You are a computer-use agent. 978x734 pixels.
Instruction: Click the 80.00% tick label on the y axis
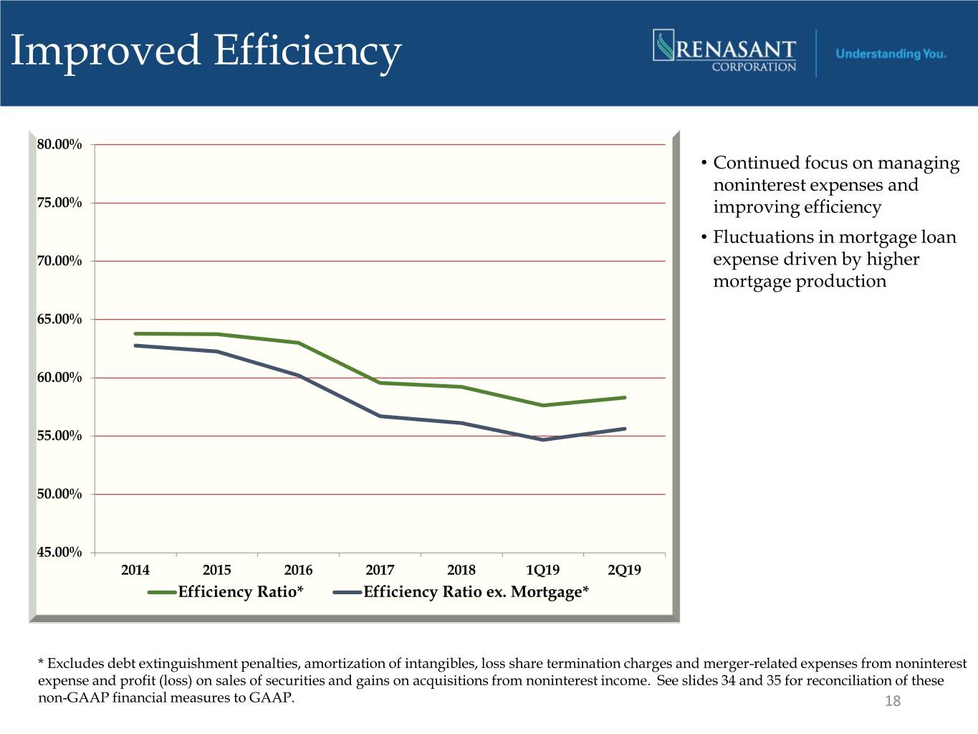click(59, 145)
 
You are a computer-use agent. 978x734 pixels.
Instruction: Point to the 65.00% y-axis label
click(59, 319)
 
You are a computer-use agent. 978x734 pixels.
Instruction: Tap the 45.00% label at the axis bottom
click(59, 552)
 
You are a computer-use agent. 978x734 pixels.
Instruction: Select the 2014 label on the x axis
click(135, 570)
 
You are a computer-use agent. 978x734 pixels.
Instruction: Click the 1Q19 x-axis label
click(542, 570)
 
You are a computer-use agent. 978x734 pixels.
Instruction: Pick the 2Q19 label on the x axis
click(624, 570)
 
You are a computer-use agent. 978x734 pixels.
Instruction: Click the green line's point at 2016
click(298, 343)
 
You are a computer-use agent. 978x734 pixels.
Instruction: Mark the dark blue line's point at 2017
click(380, 416)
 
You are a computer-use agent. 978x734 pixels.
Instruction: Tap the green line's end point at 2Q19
click(625, 398)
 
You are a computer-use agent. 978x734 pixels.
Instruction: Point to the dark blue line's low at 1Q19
click(543, 439)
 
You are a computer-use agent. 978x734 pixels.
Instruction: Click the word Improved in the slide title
click(105, 51)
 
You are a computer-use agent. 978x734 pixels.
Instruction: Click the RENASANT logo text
click(736, 49)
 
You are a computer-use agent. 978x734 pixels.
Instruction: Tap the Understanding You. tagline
click(891, 54)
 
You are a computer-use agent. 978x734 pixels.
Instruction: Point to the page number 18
click(893, 701)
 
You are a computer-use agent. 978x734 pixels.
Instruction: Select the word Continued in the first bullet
click(756, 163)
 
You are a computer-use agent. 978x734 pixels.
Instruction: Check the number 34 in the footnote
click(728, 680)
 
